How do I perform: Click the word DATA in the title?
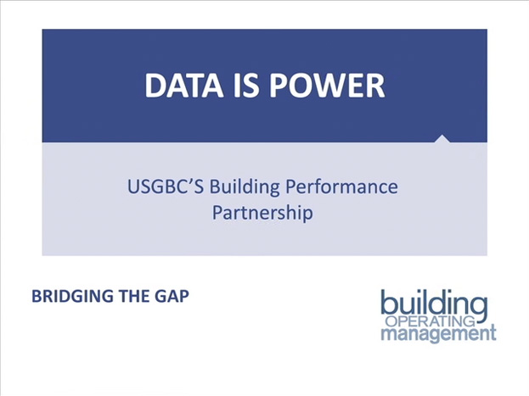coord(184,86)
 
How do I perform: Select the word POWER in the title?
coord(327,86)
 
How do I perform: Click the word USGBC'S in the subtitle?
coord(166,187)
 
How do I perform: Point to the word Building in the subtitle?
coord(245,187)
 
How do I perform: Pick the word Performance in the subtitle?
coord(341,187)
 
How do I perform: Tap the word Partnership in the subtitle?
coord(262,214)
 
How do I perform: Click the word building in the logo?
coord(434,304)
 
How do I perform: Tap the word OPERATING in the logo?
coord(431,321)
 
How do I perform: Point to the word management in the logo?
coord(439,333)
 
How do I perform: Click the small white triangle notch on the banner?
coord(442,139)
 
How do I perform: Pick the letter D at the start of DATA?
coord(155,86)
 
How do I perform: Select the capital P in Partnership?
coord(217,212)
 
